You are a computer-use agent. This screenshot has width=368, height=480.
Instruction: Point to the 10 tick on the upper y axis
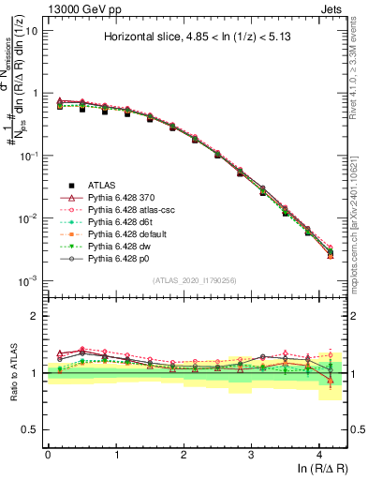30,30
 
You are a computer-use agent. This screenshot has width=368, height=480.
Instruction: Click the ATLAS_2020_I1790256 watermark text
196,280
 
